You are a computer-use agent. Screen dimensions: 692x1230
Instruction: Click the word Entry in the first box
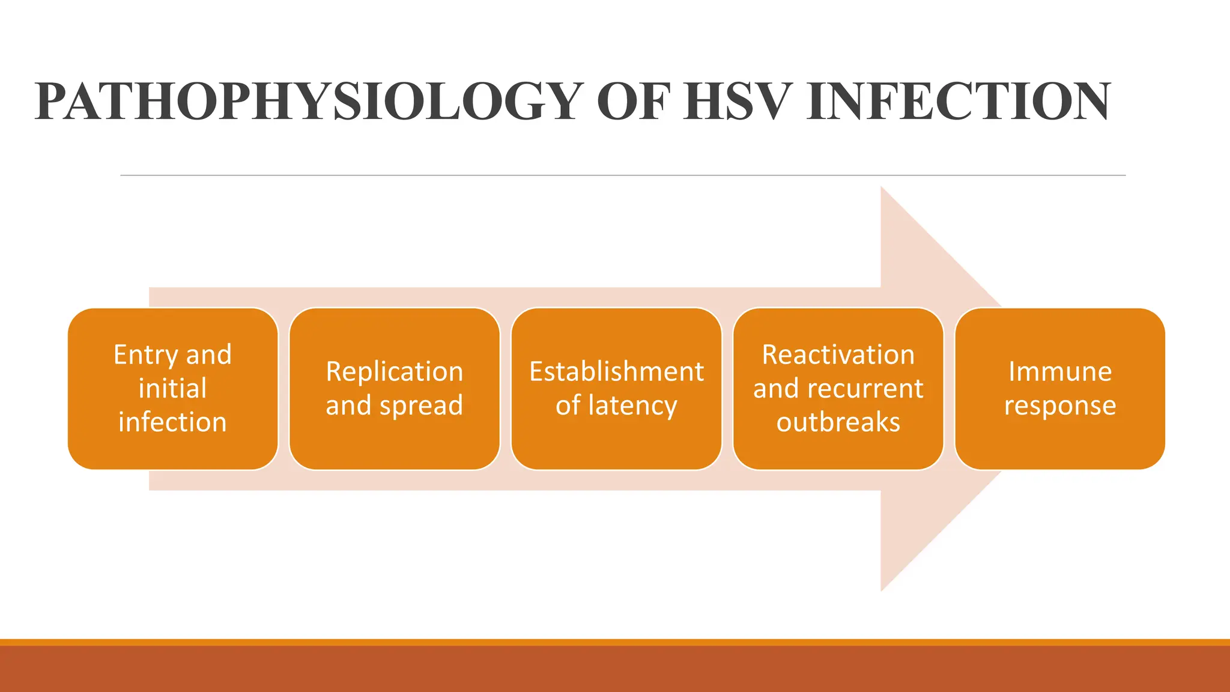[145, 355]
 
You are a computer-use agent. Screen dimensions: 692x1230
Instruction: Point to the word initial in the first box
[173, 389]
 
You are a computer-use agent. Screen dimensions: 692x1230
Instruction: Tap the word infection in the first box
[173, 422]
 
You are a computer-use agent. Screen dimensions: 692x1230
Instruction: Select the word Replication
[395, 372]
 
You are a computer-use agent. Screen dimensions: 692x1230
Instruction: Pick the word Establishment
[616, 372]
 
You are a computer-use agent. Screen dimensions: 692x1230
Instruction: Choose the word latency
[633, 405]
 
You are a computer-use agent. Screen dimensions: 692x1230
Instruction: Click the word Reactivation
[838, 355]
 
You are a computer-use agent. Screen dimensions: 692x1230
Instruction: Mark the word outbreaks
[838, 422]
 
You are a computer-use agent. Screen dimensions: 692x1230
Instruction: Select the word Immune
[1060, 372]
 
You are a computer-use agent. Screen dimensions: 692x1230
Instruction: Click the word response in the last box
[1060, 405]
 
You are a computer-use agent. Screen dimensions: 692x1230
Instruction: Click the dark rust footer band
[615, 669]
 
